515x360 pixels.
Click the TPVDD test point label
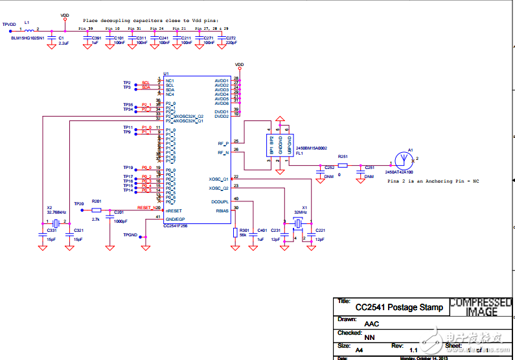8,24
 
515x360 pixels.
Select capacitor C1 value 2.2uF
63,44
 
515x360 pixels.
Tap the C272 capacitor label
231,38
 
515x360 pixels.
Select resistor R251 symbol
343,165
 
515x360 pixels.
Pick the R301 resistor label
244,230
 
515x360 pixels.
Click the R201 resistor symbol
97,210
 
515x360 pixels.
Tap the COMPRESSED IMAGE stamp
480,307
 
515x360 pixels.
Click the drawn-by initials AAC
372,323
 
